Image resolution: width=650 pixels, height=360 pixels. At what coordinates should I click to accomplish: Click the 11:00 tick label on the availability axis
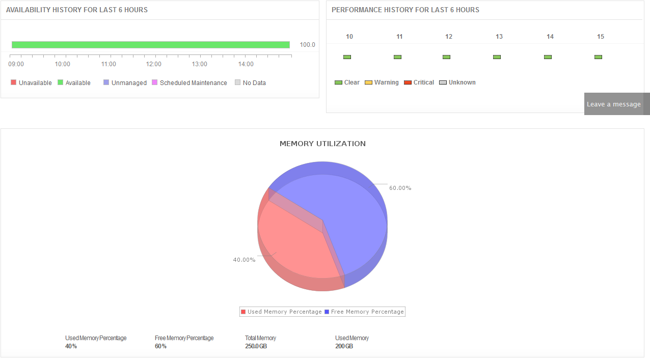coord(109,64)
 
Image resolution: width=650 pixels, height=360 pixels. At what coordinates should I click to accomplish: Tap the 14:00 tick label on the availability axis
coord(246,64)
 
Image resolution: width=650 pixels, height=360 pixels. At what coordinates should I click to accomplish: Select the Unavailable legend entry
coord(31,83)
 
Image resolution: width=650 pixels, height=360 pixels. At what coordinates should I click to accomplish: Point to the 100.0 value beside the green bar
coord(307,45)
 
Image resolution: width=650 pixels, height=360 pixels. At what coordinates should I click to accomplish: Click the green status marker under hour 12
coord(446,57)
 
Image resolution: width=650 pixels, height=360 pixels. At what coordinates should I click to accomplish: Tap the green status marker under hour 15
coord(598,57)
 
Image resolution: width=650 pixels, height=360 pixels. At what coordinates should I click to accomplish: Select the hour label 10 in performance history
coord(349,37)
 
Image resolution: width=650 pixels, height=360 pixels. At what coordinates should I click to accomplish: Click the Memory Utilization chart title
coord(322,144)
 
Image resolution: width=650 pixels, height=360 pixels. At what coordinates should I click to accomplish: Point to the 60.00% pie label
coord(400,188)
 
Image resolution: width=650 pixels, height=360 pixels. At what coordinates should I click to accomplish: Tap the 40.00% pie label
coord(244,260)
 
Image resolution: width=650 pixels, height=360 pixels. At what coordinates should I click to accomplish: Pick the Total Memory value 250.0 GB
coord(256,346)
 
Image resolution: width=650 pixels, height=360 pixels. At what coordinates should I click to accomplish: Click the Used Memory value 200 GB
coord(344,346)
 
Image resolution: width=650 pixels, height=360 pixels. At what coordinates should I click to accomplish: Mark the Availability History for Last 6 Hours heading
coord(77,10)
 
